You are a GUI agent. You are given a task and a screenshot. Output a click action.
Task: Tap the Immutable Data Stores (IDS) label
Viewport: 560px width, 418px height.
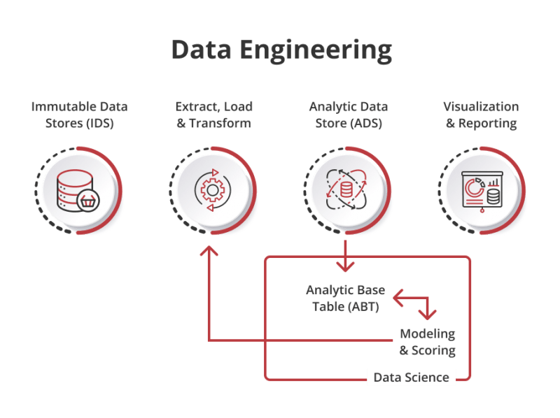[x=79, y=115]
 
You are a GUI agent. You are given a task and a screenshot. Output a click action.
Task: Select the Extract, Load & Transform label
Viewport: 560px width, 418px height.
[x=213, y=115]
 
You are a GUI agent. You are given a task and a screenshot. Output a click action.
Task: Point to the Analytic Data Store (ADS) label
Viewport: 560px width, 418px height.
[x=348, y=115]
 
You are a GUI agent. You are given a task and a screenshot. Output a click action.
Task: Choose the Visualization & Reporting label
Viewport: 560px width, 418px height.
[x=481, y=115]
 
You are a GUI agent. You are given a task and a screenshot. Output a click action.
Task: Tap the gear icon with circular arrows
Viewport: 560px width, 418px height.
[x=212, y=189]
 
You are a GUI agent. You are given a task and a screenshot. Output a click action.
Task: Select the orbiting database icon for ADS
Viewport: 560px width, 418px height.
[x=346, y=189]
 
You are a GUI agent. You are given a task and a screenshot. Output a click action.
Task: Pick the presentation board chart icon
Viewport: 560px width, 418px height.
[x=482, y=189]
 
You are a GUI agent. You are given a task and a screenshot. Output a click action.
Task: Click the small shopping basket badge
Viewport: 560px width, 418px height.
[x=89, y=201]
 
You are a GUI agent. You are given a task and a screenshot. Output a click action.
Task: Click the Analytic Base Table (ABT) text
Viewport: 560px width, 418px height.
[x=340, y=298]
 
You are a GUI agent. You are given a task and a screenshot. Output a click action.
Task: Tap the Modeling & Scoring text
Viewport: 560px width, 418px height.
[x=427, y=342]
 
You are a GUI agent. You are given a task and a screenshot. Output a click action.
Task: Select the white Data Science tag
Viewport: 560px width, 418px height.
[x=411, y=377]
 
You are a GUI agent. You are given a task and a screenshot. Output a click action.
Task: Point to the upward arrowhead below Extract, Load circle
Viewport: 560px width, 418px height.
[x=208, y=253]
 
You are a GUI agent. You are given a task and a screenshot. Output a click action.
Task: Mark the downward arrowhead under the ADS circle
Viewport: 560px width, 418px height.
[x=346, y=265]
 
